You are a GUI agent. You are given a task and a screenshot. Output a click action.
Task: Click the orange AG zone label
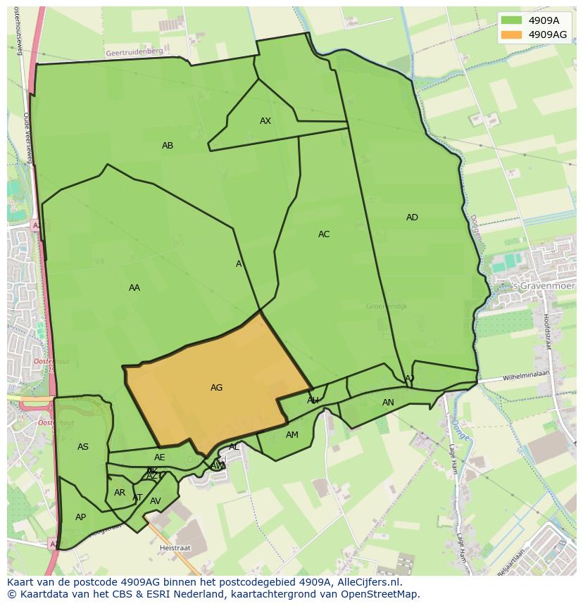click(x=216, y=388)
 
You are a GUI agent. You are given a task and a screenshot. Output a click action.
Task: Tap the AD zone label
click(x=412, y=217)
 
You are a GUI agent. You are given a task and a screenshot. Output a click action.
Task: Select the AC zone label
click(x=324, y=234)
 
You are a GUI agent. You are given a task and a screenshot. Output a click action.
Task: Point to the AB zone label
click(x=168, y=146)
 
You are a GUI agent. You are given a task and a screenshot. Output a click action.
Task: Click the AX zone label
click(x=265, y=121)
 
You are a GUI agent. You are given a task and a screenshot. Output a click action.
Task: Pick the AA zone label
click(x=134, y=288)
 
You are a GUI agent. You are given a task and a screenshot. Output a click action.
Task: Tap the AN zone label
click(x=388, y=403)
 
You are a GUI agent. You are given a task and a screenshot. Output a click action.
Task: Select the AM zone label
click(x=292, y=435)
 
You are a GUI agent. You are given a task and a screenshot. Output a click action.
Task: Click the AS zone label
click(x=83, y=447)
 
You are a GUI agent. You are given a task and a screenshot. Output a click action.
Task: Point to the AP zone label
click(x=80, y=517)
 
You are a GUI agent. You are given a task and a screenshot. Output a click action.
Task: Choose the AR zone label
click(x=120, y=493)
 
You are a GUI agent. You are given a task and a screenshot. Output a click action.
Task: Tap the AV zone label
click(x=156, y=501)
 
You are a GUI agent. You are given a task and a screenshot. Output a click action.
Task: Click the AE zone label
click(x=160, y=457)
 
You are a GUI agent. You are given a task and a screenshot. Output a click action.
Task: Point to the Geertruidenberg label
click(x=134, y=52)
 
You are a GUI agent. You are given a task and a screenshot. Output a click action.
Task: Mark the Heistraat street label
click(x=175, y=546)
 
